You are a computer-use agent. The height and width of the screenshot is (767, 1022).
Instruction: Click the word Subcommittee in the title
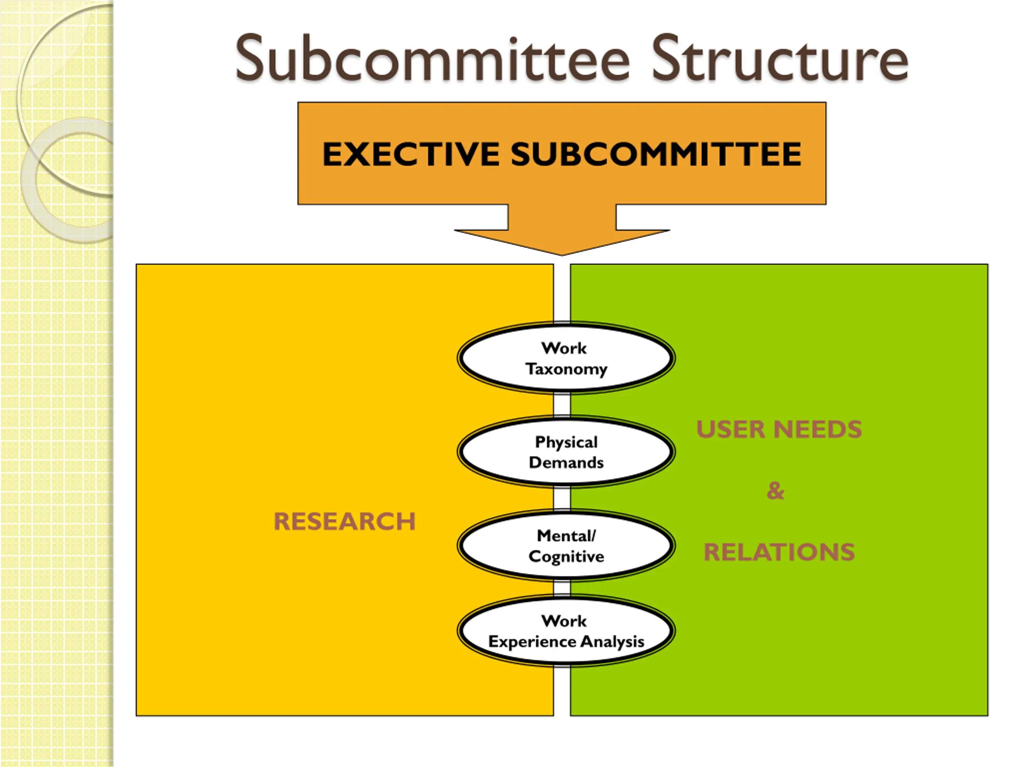[432, 59]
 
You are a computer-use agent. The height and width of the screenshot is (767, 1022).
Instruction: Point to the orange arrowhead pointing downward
[562, 240]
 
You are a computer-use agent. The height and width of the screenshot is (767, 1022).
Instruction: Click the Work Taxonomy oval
[566, 358]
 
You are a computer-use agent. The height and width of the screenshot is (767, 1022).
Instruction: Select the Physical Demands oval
[566, 452]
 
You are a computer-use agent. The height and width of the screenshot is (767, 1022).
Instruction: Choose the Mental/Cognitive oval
[566, 546]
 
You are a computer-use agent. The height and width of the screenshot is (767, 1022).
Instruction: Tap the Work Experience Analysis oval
[566, 631]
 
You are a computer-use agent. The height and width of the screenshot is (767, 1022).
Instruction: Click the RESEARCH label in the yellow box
[345, 521]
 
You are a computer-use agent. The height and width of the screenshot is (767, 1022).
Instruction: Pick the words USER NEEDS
[779, 429]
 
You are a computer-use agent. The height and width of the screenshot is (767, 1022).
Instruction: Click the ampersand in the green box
[775, 491]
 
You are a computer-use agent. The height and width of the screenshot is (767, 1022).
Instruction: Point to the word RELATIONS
[779, 552]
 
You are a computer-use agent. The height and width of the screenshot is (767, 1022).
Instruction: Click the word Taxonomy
[566, 370]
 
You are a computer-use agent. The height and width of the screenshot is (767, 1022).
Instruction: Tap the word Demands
[566, 463]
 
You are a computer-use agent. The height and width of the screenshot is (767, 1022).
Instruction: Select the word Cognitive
[566, 556]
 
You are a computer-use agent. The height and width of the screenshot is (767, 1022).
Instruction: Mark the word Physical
[566, 442]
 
